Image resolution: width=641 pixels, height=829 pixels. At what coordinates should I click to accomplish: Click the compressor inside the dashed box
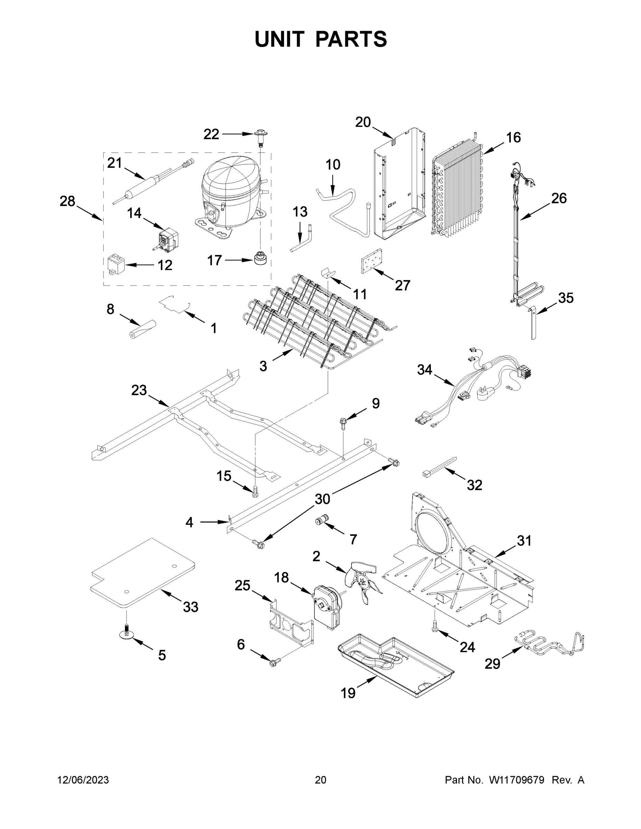(230, 193)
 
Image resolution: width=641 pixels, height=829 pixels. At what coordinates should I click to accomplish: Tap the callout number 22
(211, 134)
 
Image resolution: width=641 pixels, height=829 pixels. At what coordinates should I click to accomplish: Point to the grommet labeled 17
(260, 259)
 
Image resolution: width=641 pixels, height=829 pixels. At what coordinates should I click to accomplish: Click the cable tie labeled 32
(439, 467)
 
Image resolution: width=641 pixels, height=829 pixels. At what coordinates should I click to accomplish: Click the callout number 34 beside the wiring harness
(425, 369)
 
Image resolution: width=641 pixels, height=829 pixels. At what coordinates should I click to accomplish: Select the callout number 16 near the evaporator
(513, 137)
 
